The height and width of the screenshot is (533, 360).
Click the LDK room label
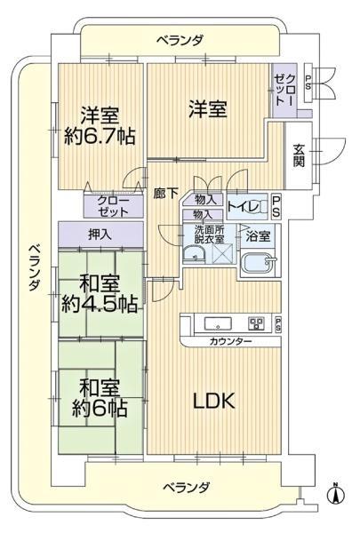coord(214,401)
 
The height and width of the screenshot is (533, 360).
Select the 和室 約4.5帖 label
coord(99,293)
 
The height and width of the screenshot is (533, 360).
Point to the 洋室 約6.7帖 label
coord(99,127)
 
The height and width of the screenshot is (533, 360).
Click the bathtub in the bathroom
coord(261,265)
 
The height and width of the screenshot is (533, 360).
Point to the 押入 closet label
coord(100,235)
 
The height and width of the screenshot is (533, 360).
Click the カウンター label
coord(230,342)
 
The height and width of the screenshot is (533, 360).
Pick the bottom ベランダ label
coord(187,487)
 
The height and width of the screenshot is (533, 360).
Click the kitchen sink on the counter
coord(217,322)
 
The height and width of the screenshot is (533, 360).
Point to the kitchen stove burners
coord(256,322)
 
